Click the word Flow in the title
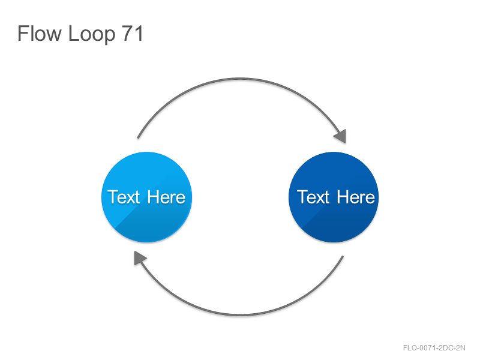40,33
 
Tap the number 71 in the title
132,33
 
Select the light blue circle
146,197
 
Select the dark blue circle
334,197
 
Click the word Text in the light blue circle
124,197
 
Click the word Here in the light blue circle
166,197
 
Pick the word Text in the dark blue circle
313,197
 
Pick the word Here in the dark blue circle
356,197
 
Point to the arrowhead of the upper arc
341,137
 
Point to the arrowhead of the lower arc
139,257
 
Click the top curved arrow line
241,79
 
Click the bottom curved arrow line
241,314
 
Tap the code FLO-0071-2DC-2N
434,348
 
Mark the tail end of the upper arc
138,138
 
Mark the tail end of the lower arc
343,257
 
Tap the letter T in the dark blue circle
302,197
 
